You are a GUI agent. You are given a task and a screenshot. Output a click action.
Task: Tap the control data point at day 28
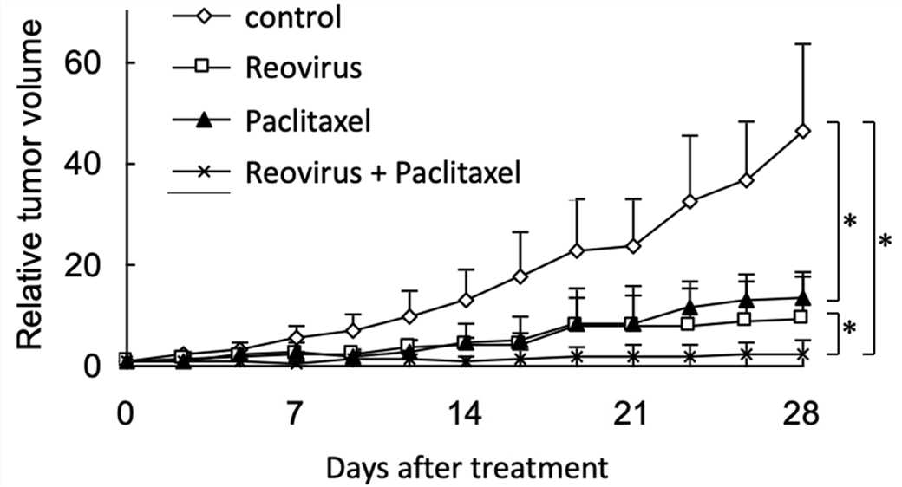803,131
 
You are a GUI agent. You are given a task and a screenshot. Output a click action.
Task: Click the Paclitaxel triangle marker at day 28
803,297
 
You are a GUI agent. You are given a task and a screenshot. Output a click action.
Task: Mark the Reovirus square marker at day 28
803,317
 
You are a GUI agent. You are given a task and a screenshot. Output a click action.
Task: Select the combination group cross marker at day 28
803,354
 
